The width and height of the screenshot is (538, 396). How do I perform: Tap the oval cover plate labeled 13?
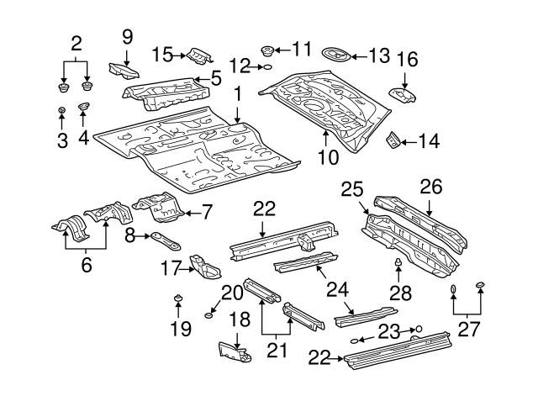click(x=336, y=56)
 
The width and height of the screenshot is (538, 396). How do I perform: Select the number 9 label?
click(x=127, y=36)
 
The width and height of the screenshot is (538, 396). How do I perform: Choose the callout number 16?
click(x=407, y=60)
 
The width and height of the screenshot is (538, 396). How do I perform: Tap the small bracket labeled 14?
click(x=391, y=140)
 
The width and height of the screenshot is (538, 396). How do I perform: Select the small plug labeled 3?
click(x=61, y=111)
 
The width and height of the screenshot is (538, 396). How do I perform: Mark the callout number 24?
click(x=337, y=289)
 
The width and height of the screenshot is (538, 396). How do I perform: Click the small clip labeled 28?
click(x=398, y=267)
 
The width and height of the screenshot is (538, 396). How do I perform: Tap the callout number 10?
click(x=328, y=157)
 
